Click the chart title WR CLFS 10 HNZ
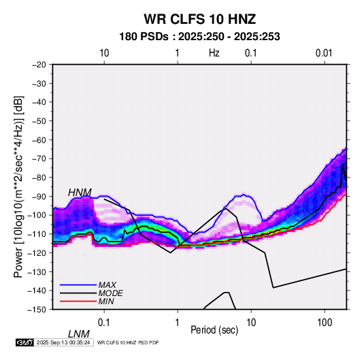(x=200, y=19)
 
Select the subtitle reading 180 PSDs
(x=144, y=37)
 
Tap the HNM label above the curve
(x=80, y=193)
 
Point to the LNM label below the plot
(x=79, y=334)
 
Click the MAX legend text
(x=107, y=284)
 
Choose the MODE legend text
(x=110, y=293)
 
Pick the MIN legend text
(x=106, y=301)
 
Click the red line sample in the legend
(x=78, y=301)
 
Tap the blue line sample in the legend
(x=78, y=284)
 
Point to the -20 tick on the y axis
(x=39, y=65)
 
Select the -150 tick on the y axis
(x=37, y=310)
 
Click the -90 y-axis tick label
(x=39, y=197)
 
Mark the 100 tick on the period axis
(x=325, y=323)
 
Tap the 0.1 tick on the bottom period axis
(x=104, y=323)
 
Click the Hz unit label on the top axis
(x=214, y=53)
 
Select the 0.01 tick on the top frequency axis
(x=324, y=53)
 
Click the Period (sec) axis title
(x=214, y=330)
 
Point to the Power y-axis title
(x=19, y=186)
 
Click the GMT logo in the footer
(x=25, y=342)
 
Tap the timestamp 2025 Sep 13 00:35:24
(x=63, y=342)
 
